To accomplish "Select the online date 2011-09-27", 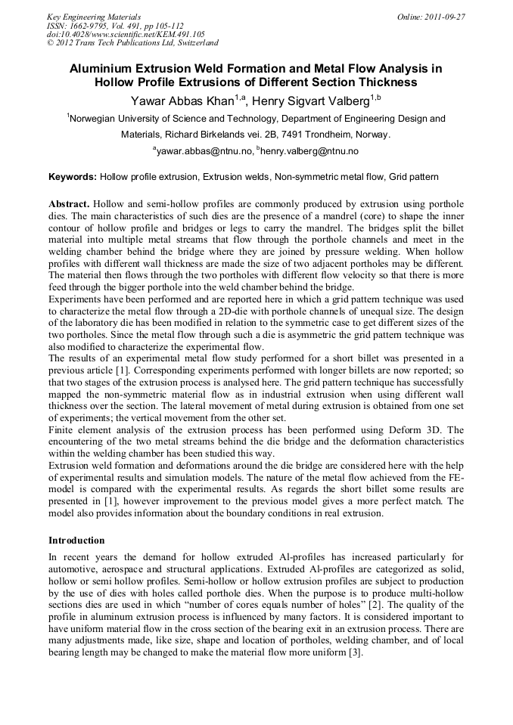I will tap(445, 17).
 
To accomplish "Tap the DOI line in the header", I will tap(126, 34).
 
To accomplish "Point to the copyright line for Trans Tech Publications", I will tap(132, 43).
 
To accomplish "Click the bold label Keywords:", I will tap(72, 177).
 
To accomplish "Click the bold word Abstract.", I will tap(69, 205).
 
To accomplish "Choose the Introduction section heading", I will tap(76, 541).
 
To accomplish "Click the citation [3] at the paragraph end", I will tap(356, 654).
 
